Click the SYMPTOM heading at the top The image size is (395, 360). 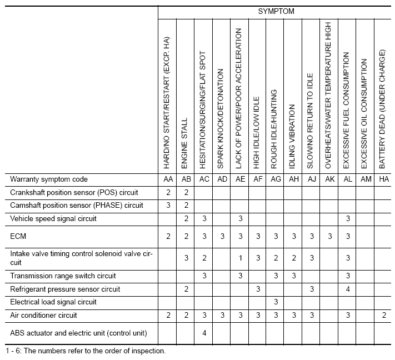pos(276,11)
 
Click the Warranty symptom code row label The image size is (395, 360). pos(49,179)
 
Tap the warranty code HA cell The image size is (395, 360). pos(383,179)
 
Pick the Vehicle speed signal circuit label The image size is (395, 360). pos(53,219)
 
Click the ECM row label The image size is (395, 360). pos(18,237)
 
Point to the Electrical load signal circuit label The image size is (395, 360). pos(53,302)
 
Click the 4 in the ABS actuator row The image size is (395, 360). pos(204,333)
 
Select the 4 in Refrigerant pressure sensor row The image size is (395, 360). pos(347,289)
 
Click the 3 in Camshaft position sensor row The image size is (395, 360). pos(167,206)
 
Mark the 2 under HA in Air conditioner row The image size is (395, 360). pos(383,316)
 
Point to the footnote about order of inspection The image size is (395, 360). pos(86,351)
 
